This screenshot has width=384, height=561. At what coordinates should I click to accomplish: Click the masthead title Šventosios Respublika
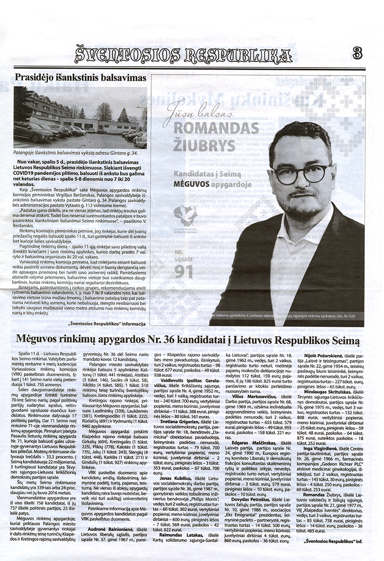(184, 54)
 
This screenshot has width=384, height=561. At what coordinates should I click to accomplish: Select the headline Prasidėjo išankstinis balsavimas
(80, 78)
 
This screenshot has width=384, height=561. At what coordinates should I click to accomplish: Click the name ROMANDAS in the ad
(216, 127)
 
